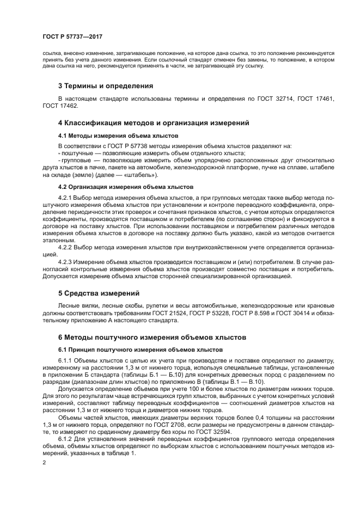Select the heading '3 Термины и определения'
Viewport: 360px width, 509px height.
105,85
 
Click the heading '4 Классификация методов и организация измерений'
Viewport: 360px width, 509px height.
153,124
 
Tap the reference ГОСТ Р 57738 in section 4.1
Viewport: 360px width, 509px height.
120,146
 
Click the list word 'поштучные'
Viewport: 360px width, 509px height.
77,154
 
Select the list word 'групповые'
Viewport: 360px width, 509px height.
76,161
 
